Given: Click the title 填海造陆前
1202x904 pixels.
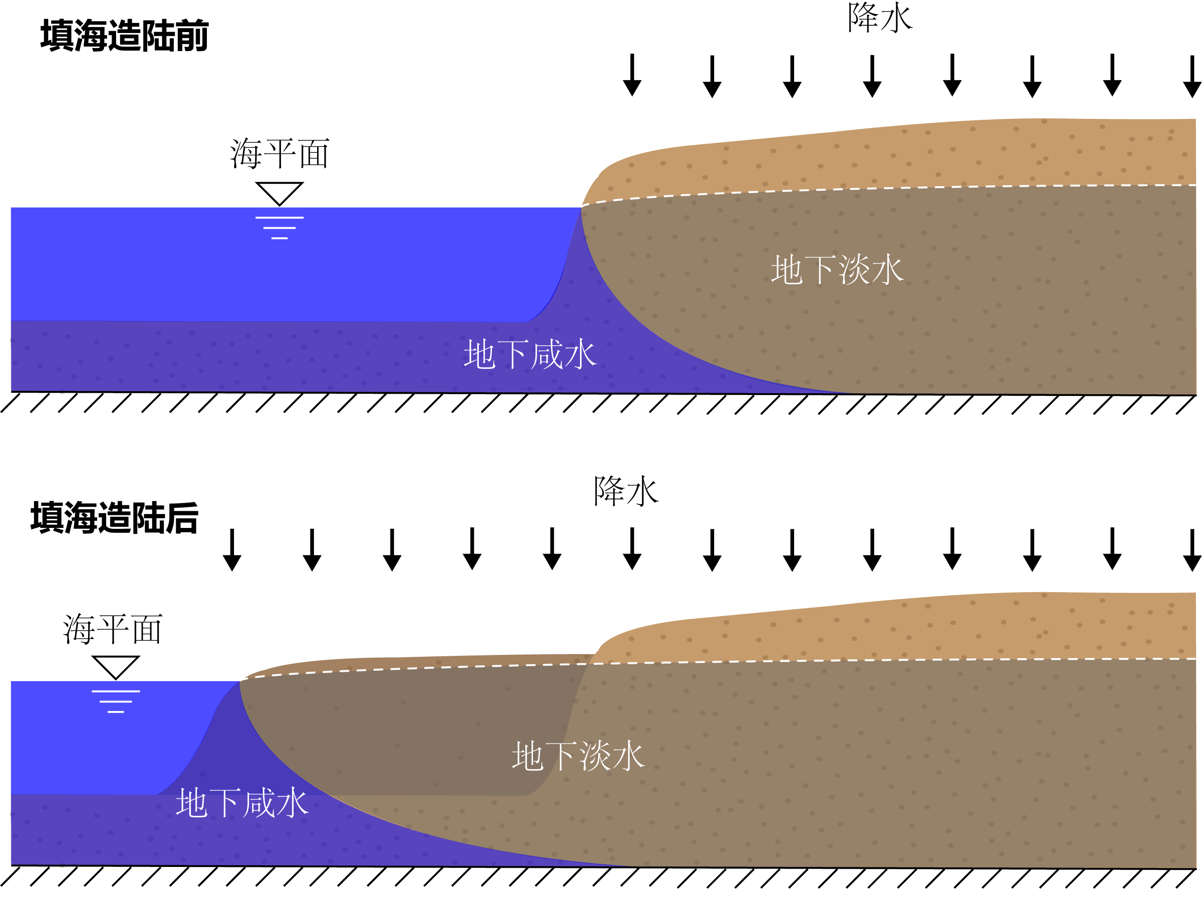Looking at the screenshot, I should point(124,36).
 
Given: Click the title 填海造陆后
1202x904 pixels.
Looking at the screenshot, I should point(115,518).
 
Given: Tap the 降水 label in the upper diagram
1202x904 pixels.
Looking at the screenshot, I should point(880,18).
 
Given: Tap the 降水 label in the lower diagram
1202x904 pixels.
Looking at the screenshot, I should point(626,491).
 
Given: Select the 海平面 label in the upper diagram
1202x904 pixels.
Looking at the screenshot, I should point(279,154).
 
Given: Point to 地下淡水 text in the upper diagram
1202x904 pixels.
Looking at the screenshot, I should point(837,270).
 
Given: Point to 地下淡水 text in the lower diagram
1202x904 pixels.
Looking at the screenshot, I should point(578,756).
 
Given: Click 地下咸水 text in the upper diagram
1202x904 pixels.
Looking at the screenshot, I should point(530,354).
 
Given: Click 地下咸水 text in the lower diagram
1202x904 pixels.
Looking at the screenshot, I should point(243,803).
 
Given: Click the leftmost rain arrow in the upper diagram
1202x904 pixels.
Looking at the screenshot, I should point(632,75).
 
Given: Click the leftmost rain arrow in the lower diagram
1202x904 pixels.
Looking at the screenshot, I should point(232,550).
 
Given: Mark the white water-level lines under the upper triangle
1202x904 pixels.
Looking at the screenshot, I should point(279,228).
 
